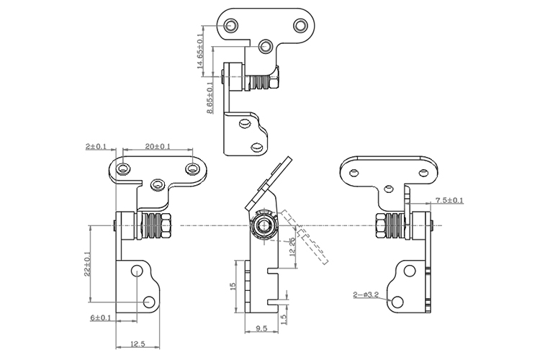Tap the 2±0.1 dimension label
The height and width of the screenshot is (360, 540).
(96, 146)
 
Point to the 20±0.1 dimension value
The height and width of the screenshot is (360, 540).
(158, 146)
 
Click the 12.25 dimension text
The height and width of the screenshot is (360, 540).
(291, 247)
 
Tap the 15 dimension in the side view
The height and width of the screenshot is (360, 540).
(233, 287)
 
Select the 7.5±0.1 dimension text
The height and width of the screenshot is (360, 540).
(449, 200)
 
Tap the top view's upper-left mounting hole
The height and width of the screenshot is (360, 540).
(231, 26)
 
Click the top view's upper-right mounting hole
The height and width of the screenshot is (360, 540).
(299, 26)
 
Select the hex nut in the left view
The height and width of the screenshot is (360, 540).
(166, 227)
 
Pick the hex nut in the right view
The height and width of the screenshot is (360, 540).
(379, 227)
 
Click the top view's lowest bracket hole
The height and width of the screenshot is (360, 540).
(257, 147)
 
